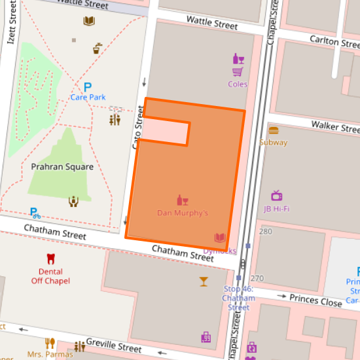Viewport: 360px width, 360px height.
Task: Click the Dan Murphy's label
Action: pos(183,213)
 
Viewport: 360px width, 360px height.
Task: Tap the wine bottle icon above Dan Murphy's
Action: pos(183,200)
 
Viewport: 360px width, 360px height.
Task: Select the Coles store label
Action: pos(238,84)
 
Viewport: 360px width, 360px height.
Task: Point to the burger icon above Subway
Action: pos(273,130)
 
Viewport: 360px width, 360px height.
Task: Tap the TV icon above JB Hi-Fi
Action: pos(276,196)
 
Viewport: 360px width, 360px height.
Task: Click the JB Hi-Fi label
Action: pos(276,209)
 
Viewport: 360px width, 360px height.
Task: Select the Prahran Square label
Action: pos(62,167)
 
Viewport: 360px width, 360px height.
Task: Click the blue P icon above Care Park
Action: pos(87,86)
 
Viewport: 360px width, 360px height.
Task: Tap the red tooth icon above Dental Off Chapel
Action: pos(50,259)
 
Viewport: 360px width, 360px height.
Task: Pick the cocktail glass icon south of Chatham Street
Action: pos(204,281)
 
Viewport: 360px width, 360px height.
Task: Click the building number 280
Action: pos(266,232)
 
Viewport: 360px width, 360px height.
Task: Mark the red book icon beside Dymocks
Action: pos(220,238)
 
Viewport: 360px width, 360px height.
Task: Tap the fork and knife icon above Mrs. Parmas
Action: pos(50,343)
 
